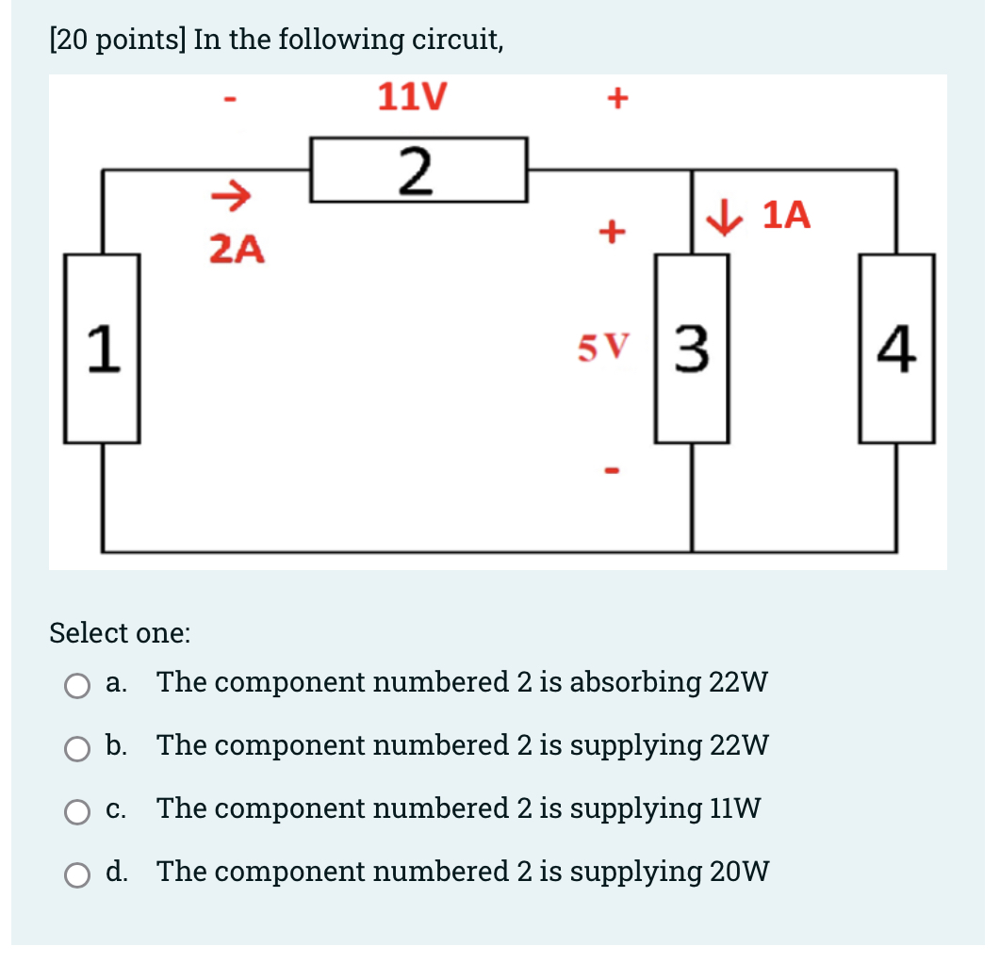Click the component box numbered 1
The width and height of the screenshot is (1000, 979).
[102, 349]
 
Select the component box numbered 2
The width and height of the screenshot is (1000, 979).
[418, 170]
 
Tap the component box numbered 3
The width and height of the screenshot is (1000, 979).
[692, 349]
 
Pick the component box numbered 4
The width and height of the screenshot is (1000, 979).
[896, 349]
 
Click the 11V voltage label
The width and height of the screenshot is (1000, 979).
[412, 97]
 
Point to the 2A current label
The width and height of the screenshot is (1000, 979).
[237, 250]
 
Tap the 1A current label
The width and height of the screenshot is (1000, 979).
[785, 216]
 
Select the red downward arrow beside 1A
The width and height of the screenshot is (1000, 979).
[726, 217]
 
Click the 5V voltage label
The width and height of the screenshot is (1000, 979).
[600, 350]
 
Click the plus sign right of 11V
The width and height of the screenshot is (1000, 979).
[617, 98]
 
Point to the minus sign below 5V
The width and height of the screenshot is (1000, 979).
[611, 468]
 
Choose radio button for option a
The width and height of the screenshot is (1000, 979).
[77, 685]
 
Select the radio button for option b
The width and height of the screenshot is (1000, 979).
[77, 748]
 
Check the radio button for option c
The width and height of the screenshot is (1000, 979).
[77, 811]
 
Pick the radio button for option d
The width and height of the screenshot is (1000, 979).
[77, 874]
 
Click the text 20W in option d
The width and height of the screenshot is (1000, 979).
[740, 872]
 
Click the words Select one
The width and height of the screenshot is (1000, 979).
[120, 632]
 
